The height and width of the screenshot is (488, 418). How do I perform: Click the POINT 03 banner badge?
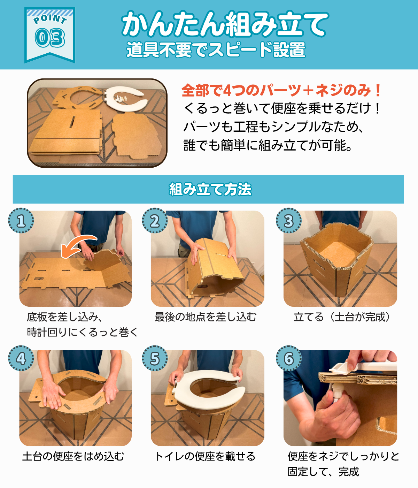click(x=50, y=35)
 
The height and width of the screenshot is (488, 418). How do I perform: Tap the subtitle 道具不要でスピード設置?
click(x=216, y=50)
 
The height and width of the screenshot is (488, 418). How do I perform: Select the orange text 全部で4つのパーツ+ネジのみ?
click(x=281, y=90)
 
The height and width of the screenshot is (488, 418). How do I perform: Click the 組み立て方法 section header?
click(x=210, y=189)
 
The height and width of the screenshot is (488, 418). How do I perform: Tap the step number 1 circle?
click(x=21, y=221)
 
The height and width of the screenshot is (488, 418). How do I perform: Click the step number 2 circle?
click(x=155, y=221)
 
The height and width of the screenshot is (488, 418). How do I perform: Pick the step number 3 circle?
click(x=289, y=221)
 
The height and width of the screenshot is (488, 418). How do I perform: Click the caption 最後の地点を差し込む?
click(x=205, y=317)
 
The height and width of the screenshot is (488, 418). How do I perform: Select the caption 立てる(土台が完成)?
click(x=342, y=317)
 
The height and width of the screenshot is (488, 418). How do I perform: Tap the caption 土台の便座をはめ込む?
click(x=73, y=456)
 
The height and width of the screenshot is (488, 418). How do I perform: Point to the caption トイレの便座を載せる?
click(x=205, y=456)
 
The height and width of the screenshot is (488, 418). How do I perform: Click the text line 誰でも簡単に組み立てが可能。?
click(x=268, y=145)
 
